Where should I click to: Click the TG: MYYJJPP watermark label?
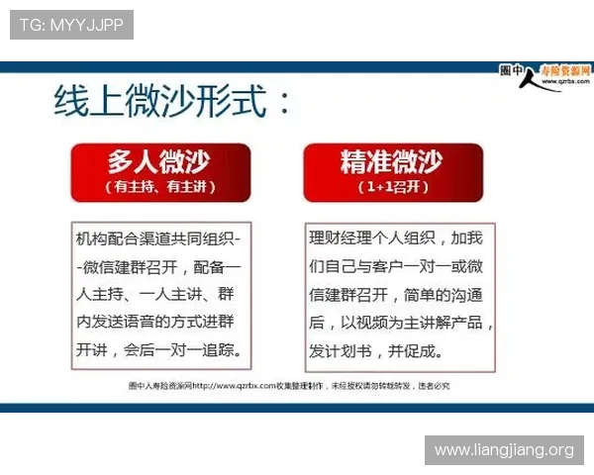[x=71, y=25]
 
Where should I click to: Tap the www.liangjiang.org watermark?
[x=504, y=450]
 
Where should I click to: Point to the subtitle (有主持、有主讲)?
[x=159, y=186]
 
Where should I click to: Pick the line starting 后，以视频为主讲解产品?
[x=401, y=324]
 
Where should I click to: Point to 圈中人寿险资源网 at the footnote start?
[x=159, y=384]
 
